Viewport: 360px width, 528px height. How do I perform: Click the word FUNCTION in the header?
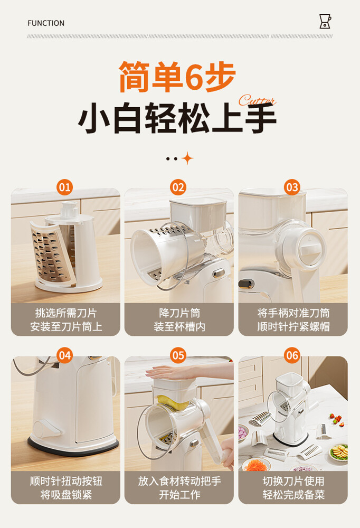coord(46,23)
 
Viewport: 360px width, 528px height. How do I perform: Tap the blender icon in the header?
coord(325,21)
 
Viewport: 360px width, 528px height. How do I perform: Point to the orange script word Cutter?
coord(257,100)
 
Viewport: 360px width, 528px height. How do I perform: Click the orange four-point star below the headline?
coord(187,158)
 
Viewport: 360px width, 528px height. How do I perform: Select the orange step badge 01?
coord(64,187)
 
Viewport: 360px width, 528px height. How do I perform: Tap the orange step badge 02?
coord(178,187)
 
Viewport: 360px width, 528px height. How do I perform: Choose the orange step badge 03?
coord(292,187)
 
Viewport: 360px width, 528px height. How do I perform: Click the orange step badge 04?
coord(64,355)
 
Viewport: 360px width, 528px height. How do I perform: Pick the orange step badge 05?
coord(178,355)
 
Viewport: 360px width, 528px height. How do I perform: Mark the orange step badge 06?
coord(292,355)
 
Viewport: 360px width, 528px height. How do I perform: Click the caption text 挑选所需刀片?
coord(65,313)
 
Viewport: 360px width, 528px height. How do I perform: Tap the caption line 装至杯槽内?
coord(179,326)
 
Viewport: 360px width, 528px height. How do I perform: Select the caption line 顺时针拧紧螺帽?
coord(293,326)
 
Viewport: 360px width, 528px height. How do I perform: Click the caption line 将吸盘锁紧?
coord(66,494)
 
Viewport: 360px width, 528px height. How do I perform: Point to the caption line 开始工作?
coord(179,494)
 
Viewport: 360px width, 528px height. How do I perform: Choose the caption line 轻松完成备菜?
coord(293,494)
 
